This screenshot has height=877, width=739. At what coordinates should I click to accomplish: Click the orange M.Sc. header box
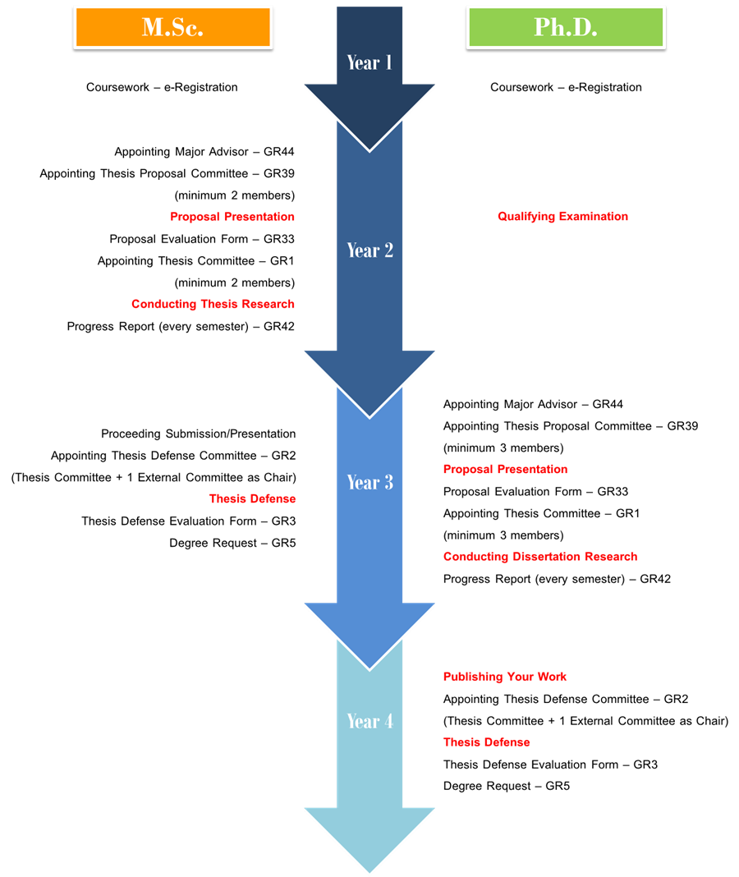(x=172, y=27)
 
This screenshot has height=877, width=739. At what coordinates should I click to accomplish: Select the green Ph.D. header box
(x=566, y=27)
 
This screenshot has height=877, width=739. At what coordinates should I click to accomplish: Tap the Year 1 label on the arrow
(x=369, y=62)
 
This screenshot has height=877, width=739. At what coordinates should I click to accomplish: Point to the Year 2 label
(x=369, y=250)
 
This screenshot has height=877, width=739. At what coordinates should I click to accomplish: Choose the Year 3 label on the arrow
(x=369, y=482)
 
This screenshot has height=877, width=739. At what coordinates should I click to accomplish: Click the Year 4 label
(x=369, y=721)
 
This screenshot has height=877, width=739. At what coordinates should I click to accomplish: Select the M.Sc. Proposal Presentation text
(x=232, y=217)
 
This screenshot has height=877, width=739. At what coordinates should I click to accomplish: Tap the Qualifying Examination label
(x=562, y=217)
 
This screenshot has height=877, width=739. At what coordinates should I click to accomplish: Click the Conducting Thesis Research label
(x=213, y=304)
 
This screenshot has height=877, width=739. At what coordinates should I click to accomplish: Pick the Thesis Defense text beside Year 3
(x=252, y=498)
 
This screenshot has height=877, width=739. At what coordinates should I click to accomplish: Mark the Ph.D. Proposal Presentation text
(x=505, y=470)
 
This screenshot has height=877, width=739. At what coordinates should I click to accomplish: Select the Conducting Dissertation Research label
(x=539, y=557)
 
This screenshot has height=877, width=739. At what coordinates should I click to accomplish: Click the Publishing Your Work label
(x=505, y=677)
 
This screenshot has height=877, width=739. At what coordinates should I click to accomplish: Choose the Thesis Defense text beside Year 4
(x=486, y=742)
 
